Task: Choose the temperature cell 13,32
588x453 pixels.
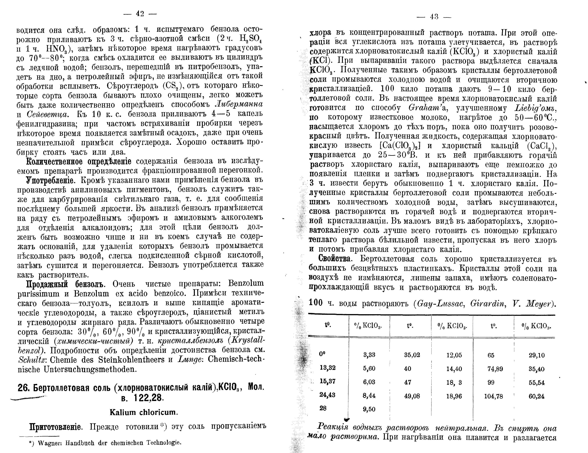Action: click(x=327, y=368)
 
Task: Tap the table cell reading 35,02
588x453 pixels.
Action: click(x=412, y=355)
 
